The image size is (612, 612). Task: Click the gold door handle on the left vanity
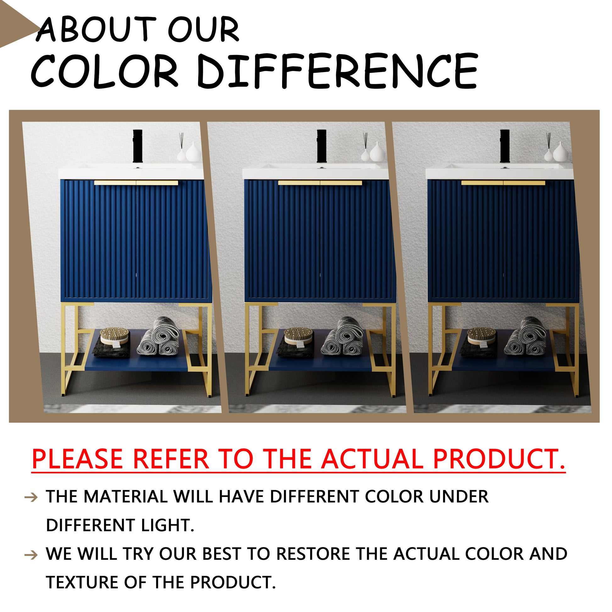(136, 183)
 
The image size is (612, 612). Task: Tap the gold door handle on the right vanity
(504, 183)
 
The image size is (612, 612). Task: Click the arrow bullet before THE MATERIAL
(31, 497)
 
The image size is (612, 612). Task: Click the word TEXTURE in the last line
(82, 582)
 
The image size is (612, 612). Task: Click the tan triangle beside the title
(16, 27)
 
